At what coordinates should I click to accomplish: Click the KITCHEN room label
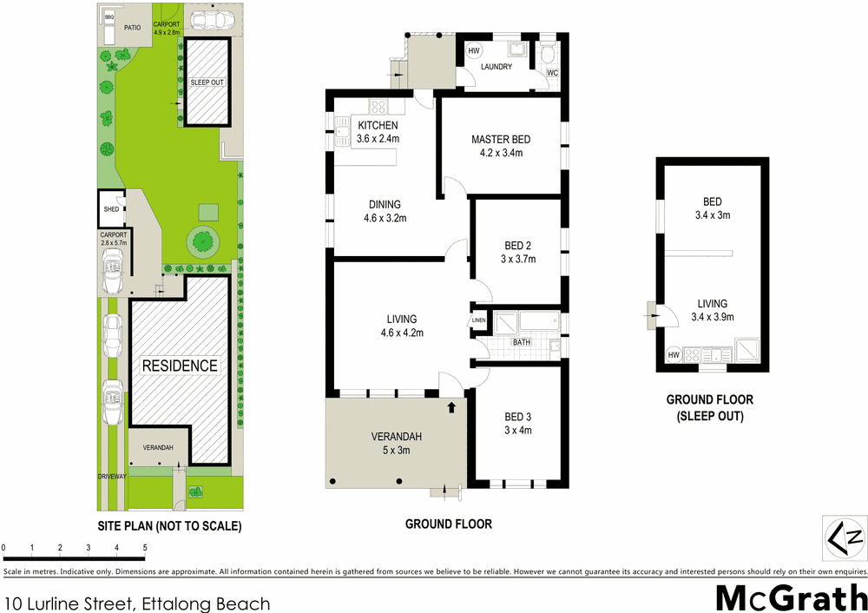click(378, 126)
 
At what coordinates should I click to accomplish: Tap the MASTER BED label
click(501, 140)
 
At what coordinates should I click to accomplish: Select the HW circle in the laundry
click(474, 51)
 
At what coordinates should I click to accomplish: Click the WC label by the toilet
click(552, 73)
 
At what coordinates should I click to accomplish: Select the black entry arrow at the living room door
click(451, 405)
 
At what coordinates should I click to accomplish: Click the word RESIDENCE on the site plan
click(180, 366)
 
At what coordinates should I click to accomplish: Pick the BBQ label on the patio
click(108, 16)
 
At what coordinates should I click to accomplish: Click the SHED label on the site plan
click(110, 209)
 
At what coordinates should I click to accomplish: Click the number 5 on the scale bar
click(144, 548)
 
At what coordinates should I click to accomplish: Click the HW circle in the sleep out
click(674, 355)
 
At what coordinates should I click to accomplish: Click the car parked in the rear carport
click(209, 19)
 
